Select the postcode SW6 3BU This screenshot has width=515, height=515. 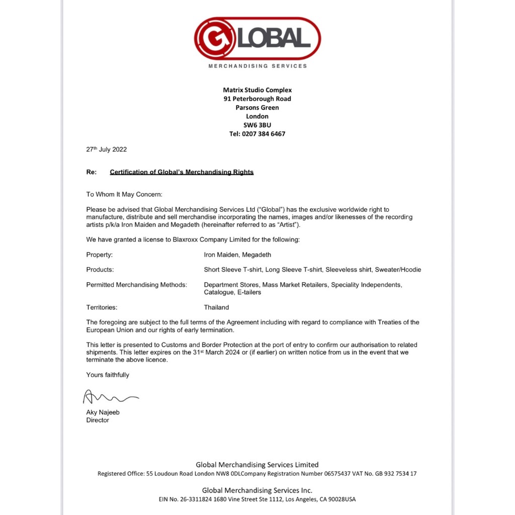click(257, 125)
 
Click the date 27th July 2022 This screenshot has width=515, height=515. click(106, 149)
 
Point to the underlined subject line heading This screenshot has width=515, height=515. click(182, 172)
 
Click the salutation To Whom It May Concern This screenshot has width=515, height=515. click(124, 194)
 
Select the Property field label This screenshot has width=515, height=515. click(99, 255)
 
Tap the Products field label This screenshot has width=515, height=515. click(100, 270)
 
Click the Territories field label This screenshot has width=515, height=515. click(102, 307)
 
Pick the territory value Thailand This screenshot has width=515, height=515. click(216, 307)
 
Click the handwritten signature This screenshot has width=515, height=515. click(110, 398)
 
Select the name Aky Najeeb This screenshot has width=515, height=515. click(103, 412)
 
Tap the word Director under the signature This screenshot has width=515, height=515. click(98, 420)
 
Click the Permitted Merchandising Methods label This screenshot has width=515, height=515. click(136, 285)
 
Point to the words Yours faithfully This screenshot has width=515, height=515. click(108, 375)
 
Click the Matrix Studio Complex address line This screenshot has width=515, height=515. click(257, 90)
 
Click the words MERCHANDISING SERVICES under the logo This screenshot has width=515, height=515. click(257, 66)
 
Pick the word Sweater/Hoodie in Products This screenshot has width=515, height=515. click(398, 270)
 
